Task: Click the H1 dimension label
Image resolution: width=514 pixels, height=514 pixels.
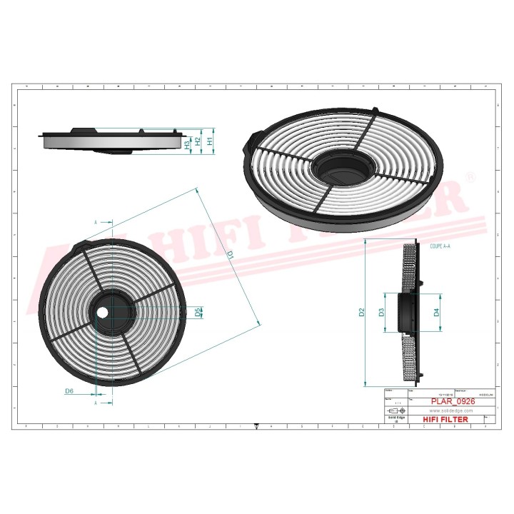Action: [209, 141]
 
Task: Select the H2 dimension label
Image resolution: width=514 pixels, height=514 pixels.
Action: [198, 141]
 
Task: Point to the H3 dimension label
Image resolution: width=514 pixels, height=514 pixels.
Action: [188, 143]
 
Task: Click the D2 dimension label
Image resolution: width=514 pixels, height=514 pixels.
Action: [362, 312]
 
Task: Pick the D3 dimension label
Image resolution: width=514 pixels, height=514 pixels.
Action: [382, 312]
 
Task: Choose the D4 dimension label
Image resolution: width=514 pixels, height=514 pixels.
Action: [436, 312]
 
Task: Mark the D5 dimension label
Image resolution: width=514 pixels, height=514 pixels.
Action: [198, 311]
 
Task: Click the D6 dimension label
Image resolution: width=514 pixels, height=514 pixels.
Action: [69, 390]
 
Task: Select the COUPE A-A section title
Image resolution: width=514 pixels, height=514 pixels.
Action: [440, 245]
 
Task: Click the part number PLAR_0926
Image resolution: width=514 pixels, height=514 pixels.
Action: [453, 401]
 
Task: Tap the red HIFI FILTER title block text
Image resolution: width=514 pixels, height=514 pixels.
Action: [446, 419]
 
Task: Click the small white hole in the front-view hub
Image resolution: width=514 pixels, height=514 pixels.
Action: [101, 312]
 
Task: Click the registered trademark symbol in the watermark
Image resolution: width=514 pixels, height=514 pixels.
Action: [470, 176]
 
